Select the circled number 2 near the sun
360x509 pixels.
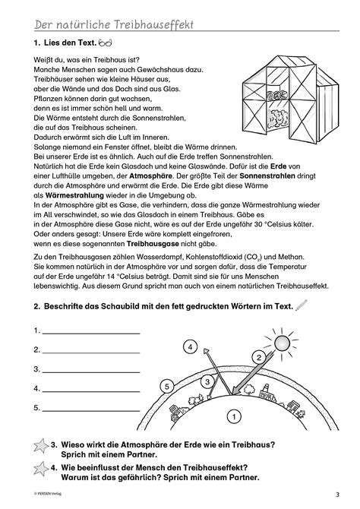(259, 356)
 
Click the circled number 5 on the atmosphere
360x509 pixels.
(169, 387)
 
